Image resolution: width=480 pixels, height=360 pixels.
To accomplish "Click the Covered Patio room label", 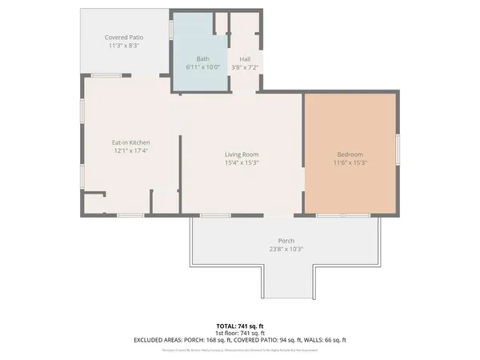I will point(123,38).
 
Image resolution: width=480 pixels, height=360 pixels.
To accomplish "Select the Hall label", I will point(244,58).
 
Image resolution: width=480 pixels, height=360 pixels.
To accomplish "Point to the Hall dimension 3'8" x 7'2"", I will point(244,67).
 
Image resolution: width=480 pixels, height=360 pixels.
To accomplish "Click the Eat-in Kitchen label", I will point(130,143).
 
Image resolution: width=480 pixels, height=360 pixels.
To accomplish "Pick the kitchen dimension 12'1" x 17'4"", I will point(130,151).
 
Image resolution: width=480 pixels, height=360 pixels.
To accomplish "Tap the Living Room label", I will point(241,154).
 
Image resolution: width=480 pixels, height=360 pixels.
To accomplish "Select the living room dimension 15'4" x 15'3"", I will point(241,163).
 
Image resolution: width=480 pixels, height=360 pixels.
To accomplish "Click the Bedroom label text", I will point(350,154).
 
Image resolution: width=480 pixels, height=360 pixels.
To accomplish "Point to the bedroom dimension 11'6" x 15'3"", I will point(350,163).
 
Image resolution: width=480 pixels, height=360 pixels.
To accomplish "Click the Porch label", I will point(286,240).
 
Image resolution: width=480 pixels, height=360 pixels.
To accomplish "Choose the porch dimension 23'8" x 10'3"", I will point(286,249).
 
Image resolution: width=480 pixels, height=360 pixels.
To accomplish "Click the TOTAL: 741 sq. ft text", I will point(239,326).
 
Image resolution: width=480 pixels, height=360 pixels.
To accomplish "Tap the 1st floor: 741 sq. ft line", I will point(239,333).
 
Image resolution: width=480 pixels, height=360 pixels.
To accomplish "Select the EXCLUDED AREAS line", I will point(239,340).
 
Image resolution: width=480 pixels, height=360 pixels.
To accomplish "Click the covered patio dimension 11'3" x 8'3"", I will point(123,46).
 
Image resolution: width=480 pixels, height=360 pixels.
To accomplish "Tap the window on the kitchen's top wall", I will point(106,75).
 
